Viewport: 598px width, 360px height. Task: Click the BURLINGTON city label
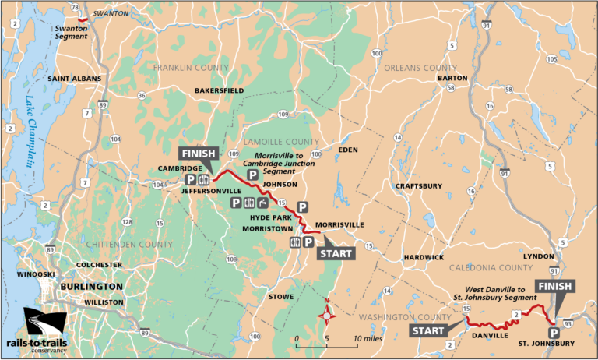point(90,286)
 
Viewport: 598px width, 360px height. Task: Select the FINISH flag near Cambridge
point(198,154)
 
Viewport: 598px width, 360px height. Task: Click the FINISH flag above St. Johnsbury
point(554,286)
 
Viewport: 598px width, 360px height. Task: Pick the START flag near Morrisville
point(336,253)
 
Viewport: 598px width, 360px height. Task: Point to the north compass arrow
point(328,314)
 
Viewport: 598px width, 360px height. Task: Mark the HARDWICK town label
point(424,257)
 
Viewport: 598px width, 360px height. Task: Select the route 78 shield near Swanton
point(75,7)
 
